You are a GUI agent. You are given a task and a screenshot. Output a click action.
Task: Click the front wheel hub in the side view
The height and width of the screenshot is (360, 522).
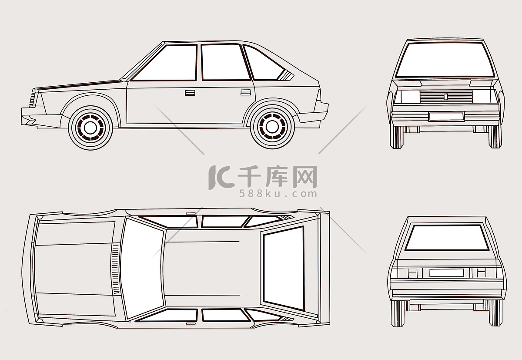(90, 128)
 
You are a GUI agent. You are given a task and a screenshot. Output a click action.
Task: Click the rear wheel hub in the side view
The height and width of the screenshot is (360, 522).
(272, 127)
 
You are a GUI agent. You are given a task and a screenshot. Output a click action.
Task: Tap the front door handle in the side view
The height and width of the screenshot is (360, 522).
(190, 93)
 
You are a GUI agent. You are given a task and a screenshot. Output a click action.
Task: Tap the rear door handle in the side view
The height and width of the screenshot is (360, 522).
(246, 92)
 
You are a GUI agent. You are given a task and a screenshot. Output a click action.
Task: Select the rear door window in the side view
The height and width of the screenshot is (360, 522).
(225, 62)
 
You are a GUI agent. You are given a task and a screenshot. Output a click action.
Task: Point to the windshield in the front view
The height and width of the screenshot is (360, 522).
(445, 60)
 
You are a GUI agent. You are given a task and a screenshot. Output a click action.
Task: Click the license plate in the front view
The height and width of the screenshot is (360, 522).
(446, 116)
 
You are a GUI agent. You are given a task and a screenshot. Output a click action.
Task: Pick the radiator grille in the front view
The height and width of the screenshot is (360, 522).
(446, 97)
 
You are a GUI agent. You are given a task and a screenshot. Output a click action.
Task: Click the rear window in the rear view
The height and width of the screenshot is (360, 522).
(447, 237)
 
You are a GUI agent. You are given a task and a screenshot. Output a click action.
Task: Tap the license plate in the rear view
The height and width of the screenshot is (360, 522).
(446, 273)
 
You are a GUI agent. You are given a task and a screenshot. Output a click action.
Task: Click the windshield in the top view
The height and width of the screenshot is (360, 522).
(143, 269)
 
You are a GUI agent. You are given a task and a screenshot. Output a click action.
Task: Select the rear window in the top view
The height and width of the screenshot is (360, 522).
(284, 268)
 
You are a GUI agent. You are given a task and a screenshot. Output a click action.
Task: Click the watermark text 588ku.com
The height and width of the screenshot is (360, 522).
(278, 194)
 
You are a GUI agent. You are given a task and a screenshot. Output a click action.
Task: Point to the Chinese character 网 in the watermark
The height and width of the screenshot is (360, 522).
(305, 177)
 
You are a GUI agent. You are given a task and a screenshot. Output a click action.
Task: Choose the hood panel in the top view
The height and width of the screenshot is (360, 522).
(74, 269)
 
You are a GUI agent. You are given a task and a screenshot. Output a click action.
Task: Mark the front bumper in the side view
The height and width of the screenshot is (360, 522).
(41, 119)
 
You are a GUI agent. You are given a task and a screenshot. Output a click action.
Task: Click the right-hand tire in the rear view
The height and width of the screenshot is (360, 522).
(495, 313)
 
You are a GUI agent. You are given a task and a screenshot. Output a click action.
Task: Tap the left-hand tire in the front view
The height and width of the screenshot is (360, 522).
(397, 137)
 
